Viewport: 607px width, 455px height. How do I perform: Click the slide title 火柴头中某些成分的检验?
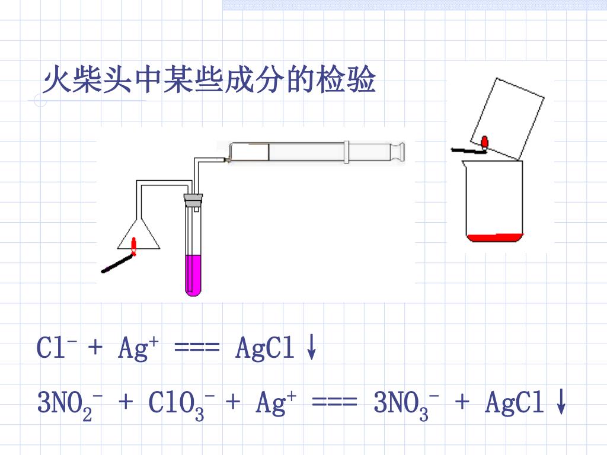pos(209,80)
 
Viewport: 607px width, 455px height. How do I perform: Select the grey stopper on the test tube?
pos(193,199)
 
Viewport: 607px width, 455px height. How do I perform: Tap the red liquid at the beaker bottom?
pos(494,238)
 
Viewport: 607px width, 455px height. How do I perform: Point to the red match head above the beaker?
pos(485,142)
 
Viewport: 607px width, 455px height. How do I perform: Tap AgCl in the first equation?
pos(265,348)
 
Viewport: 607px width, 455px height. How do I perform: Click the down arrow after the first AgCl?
pos(311,348)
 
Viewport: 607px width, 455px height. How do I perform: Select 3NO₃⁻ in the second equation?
pos(407,405)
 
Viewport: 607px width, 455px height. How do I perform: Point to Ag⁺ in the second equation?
pos(276,405)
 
